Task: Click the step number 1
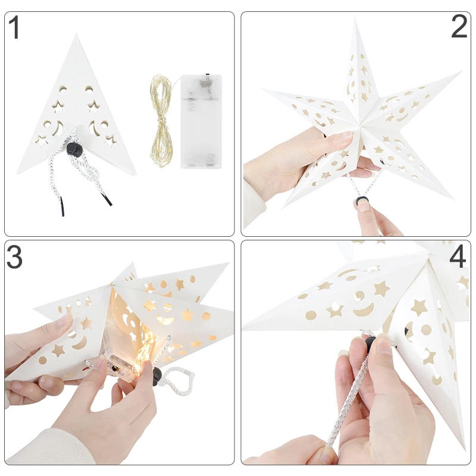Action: (15, 29)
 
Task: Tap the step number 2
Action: (459, 27)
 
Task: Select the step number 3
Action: (14, 257)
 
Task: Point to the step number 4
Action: (457, 257)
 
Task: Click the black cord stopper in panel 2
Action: (361, 202)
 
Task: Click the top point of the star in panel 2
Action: (356, 22)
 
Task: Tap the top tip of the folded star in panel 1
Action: (76, 37)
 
